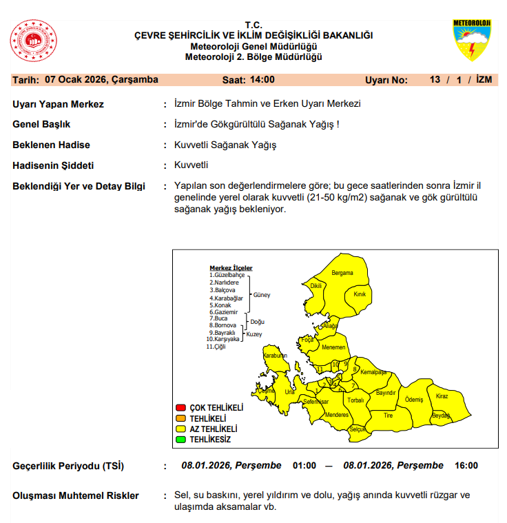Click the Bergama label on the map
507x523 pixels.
tap(342, 273)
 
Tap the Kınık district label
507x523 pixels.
tap(359, 294)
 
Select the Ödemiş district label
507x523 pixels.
tap(414, 400)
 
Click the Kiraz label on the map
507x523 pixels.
tap(442, 396)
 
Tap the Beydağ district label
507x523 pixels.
tap(440, 416)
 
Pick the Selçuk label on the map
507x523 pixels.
tap(358, 429)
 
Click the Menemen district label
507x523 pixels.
tap(333, 347)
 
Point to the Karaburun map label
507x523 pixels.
tap(275, 356)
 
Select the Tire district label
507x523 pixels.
tap(388, 416)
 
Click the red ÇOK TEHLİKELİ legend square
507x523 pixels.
tap(181, 408)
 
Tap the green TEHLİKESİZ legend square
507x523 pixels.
tap(181, 439)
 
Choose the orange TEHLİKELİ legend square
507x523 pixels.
tap(181, 418)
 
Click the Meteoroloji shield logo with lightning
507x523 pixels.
tap(472, 40)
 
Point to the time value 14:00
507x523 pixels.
tap(262, 80)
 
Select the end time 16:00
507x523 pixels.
tap(466, 466)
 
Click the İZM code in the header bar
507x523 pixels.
tap(484, 80)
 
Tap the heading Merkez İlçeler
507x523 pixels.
tap(231, 268)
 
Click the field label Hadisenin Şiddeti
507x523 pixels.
tap(53, 165)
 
